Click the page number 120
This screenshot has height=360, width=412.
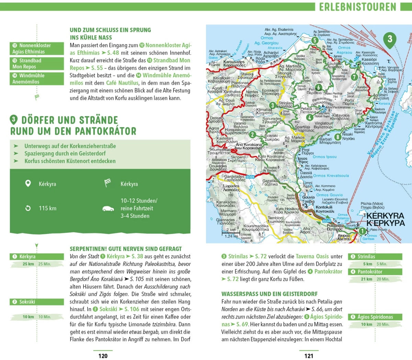click(103, 356)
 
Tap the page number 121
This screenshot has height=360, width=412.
click(309, 356)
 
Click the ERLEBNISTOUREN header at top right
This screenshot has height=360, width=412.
click(358, 7)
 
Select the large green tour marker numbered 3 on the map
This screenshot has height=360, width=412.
click(390, 39)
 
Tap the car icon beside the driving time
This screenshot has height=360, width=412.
click(108, 209)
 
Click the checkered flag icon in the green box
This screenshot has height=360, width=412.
click(108, 183)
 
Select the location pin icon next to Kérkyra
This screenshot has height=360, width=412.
click(28, 183)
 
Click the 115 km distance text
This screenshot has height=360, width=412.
click(48, 208)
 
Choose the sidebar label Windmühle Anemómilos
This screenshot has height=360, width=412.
click(37, 79)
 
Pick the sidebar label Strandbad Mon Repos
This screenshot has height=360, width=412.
click(37, 64)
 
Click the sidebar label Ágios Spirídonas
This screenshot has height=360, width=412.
click(375, 317)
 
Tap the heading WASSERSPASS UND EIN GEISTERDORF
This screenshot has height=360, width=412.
click(270, 294)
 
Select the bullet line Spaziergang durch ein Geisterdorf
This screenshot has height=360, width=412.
click(65, 154)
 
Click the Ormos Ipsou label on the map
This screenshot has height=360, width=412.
click(325, 157)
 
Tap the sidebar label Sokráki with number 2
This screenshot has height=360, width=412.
click(37, 302)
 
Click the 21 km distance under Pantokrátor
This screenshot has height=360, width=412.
click(366, 279)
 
